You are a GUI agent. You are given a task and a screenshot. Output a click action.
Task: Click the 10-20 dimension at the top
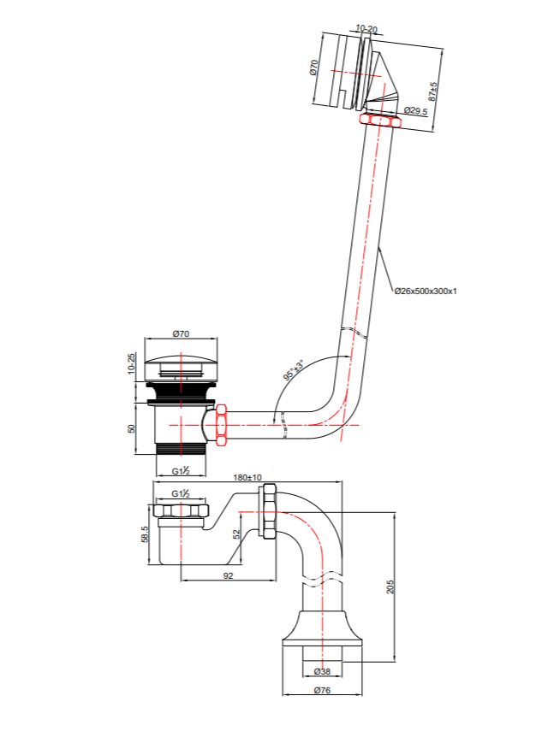point(366,28)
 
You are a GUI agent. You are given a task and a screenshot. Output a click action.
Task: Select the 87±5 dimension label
point(434,91)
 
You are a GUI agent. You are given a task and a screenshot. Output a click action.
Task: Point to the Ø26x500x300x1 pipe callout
point(426,291)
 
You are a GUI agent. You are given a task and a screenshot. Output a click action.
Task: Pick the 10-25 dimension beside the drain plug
point(131,363)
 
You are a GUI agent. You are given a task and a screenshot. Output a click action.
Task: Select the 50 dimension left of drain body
point(131,427)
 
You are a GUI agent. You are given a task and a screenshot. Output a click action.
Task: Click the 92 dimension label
point(228,576)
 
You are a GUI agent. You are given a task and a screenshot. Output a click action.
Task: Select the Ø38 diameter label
point(323,672)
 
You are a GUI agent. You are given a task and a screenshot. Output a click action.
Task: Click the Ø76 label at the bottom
point(322,690)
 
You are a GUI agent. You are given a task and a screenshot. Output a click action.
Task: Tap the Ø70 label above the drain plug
point(181,333)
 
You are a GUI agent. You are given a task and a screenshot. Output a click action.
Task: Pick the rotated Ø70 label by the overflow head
point(314,68)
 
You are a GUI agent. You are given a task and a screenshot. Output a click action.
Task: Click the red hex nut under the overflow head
point(381,121)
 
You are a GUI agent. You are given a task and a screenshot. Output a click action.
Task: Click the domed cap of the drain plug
point(181,357)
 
